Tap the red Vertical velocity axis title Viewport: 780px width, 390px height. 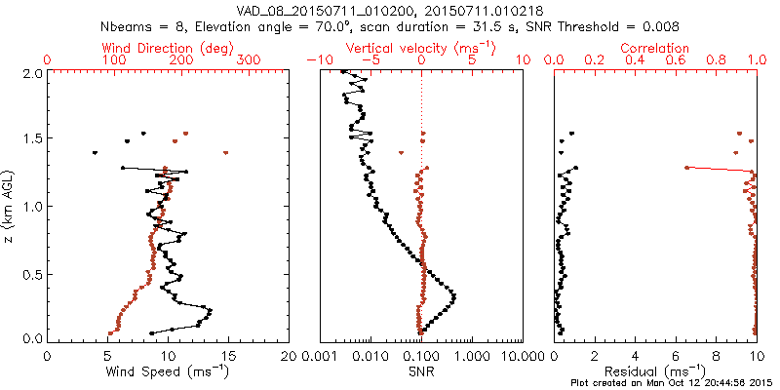tap(421, 47)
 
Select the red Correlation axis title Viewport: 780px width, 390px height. tap(655, 47)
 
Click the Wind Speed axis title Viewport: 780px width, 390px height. tap(169, 370)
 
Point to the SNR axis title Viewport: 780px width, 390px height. tap(421, 370)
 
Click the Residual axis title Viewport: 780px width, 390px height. tap(655, 370)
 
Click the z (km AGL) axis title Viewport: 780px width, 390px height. tap(9, 206)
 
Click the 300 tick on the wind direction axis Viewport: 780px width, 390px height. tap(250, 60)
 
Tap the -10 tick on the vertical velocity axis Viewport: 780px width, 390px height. tap(318, 60)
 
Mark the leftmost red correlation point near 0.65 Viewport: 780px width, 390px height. tap(686, 168)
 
